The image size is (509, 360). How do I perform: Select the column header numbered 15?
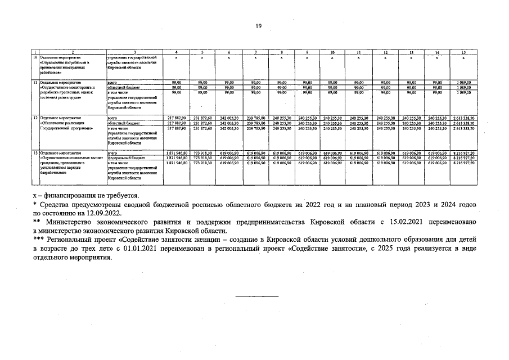(463, 52)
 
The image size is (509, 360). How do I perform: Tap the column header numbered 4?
(176, 52)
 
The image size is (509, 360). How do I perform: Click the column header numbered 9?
(307, 52)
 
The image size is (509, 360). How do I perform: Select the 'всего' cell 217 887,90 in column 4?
(176, 118)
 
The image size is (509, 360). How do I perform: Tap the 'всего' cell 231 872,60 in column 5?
(202, 118)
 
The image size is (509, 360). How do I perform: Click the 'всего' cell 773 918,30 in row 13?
(202, 153)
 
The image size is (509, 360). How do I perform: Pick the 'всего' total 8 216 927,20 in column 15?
(463, 153)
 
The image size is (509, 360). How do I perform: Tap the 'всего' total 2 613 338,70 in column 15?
(463, 118)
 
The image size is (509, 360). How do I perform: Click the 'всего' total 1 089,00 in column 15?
(463, 83)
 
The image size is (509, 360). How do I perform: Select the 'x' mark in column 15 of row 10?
(463, 57)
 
